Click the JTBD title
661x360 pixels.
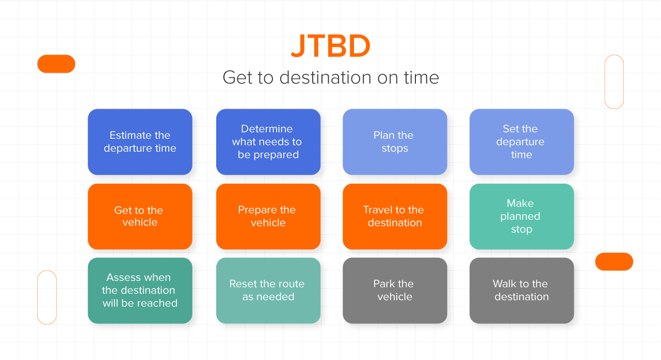click(331, 46)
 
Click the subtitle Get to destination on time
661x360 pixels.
click(331, 77)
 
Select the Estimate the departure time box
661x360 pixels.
click(140, 142)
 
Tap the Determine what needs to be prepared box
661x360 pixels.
click(268, 142)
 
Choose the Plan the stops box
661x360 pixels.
click(395, 142)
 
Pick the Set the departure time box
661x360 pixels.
click(522, 142)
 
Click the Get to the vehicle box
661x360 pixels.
click(140, 217)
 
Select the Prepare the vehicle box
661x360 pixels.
click(268, 217)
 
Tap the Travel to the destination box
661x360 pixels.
click(395, 217)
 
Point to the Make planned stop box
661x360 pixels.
click(522, 217)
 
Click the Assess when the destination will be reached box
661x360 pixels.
click(140, 290)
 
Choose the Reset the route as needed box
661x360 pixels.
click(268, 290)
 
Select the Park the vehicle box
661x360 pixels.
click(395, 290)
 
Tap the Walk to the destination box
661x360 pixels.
click(522, 290)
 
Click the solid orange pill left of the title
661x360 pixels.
click(56, 63)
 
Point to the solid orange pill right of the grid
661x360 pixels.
click(614, 261)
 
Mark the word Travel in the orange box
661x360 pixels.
click(377, 209)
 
